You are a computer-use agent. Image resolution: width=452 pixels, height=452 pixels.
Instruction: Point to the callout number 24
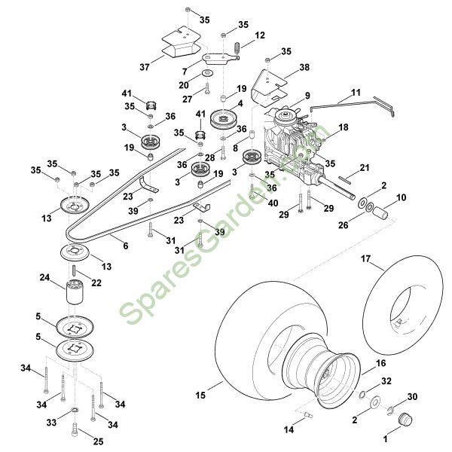click(x=45, y=279)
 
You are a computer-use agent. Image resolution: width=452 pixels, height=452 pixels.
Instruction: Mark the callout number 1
click(x=386, y=436)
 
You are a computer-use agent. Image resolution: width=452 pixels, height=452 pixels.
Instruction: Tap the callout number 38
click(x=304, y=67)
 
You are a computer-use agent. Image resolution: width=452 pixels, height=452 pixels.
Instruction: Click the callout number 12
click(x=260, y=35)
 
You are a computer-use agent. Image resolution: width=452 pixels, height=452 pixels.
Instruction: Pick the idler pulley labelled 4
click(x=224, y=118)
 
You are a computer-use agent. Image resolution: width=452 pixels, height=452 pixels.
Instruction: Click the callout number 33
click(x=51, y=423)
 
